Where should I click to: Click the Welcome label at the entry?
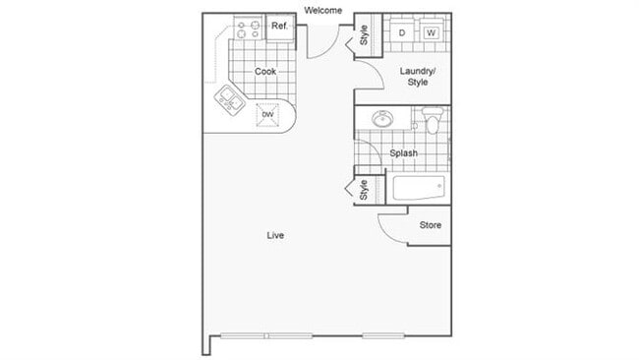322,10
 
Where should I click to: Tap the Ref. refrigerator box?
279,27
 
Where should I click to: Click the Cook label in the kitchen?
264,71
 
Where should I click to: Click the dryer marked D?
402,32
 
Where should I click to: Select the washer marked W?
432,32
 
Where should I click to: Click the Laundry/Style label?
418,76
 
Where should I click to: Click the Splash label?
403,152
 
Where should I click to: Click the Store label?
431,225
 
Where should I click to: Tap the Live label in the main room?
275,235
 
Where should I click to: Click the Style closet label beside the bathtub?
364,189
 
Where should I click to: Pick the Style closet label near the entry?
364,36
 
